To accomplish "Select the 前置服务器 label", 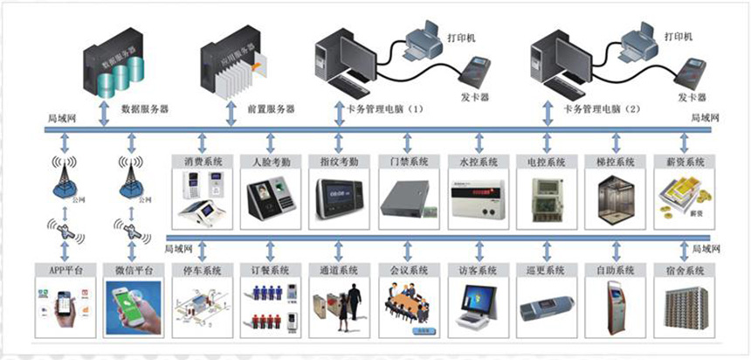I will tap(271, 109).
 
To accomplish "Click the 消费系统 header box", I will tap(203, 162).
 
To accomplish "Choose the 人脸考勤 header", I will tap(270, 162).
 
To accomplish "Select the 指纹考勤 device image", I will tap(338, 197).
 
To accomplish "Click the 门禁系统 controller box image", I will tap(407, 196).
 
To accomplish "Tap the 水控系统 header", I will tap(477, 162).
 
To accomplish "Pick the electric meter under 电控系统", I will tap(545, 197).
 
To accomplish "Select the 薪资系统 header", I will tap(683, 162).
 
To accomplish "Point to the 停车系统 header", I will tap(203, 270).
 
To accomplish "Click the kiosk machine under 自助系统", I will tap(614, 306).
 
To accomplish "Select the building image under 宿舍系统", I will tap(683, 306).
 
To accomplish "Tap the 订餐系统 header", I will tap(270, 270).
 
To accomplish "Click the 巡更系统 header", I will tap(545, 270).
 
